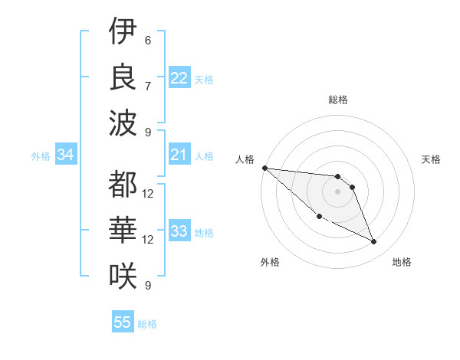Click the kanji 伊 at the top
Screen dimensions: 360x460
coord(123,31)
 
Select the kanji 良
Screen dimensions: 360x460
coord(123,77)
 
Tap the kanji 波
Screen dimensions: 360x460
coord(123,123)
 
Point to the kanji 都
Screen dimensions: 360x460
coord(123,185)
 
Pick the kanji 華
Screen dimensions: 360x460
coord(123,230)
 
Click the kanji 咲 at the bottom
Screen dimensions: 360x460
coord(123,276)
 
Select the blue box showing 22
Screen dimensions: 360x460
coord(179,78)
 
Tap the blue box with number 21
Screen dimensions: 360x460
coord(179,155)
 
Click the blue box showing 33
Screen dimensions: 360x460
coord(179,232)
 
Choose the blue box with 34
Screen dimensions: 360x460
coord(65,155)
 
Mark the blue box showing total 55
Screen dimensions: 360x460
coord(123,322)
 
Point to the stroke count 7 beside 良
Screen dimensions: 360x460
coord(148,86)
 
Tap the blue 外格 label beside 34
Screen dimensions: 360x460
coord(41,156)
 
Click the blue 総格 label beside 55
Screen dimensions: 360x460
coord(147,324)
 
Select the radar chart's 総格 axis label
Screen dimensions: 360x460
coord(338,100)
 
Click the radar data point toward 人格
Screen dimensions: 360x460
coord(264,168)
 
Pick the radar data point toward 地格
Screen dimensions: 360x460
coord(374,242)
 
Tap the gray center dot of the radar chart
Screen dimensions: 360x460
coord(338,191)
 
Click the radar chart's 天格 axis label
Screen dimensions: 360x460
coord(432,159)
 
